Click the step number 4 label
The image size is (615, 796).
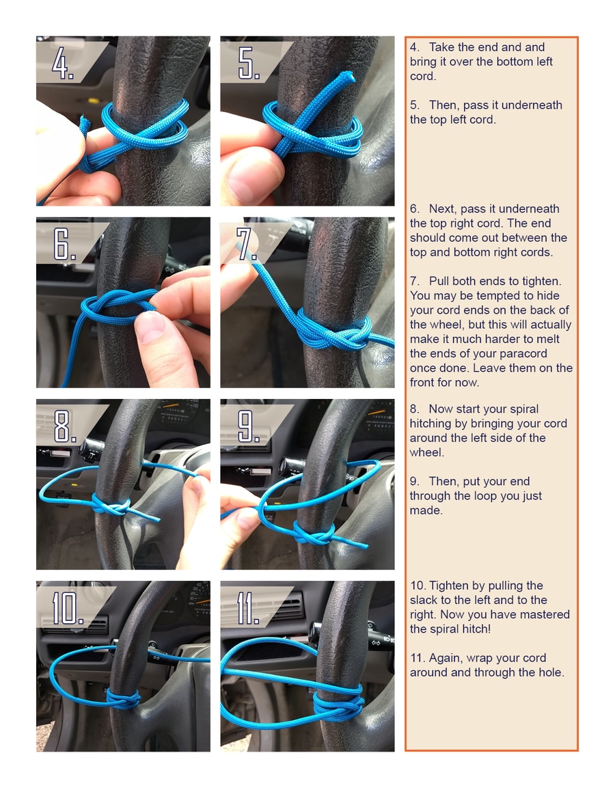[x=63, y=64]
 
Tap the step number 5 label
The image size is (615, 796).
[x=249, y=64]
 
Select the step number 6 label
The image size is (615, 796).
[x=64, y=244]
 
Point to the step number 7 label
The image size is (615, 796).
[x=247, y=244]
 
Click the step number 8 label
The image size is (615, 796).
[x=66, y=426]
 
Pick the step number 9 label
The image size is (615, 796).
[x=249, y=426]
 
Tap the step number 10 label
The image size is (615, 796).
[x=68, y=607]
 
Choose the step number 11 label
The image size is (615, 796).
[x=248, y=607]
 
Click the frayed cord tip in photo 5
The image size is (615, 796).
[x=346, y=77]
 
